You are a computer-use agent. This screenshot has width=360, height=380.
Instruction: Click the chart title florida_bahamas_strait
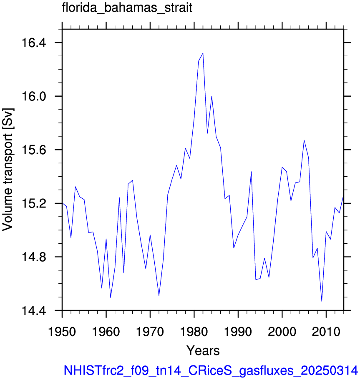tap(127, 8)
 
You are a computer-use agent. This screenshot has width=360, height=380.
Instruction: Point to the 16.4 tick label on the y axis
tap(34, 43)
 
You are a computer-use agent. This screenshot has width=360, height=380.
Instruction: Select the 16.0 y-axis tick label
tap(34, 96)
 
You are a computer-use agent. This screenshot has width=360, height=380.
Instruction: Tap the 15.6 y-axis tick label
tap(34, 150)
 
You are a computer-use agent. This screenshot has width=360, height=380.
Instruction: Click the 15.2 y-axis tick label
tap(34, 204)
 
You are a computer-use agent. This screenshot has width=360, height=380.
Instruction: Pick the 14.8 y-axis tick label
tap(34, 257)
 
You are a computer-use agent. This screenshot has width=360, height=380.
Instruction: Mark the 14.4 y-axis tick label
tap(34, 311)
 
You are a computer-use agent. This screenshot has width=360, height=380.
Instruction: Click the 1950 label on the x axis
tap(62, 332)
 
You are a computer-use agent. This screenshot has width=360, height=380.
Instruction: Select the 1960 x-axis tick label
tap(106, 332)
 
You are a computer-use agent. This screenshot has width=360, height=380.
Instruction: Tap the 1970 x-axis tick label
tap(150, 332)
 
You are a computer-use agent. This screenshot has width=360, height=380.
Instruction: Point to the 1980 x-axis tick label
tap(194, 332)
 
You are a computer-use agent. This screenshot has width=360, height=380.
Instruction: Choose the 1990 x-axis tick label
tap(238, 332)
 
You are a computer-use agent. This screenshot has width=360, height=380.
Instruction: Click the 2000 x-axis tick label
tap(282, 332)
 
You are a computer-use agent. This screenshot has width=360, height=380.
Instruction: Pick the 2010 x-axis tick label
tap(326, 332)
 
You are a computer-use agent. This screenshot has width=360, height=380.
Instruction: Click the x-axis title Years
tap(203, 350)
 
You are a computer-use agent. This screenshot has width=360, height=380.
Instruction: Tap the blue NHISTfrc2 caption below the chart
tap(211, 370)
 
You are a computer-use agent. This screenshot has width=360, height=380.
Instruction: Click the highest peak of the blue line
tap(203, 53)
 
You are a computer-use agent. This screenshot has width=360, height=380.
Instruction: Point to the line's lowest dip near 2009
tap(322, 301)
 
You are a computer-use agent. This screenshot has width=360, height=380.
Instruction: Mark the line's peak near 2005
tap(304, 140)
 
